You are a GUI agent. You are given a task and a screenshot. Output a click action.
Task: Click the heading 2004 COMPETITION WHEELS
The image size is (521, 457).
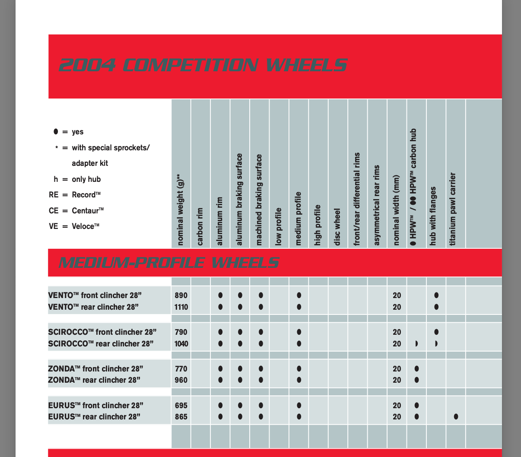coord(203,66)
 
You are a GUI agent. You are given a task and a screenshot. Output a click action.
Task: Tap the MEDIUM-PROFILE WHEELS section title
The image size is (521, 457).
coord(169,263)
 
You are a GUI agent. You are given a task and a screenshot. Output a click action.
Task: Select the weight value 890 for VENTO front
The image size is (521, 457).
coord(181,295)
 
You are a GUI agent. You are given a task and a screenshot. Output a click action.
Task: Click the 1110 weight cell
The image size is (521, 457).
coord(181,307)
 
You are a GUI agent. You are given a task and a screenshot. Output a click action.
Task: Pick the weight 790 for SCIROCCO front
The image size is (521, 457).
coord(181,332)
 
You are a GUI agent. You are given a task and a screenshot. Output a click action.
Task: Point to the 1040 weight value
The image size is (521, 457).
coord(181,344)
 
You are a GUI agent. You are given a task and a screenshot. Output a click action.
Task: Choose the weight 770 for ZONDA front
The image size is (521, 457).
coord(181,369)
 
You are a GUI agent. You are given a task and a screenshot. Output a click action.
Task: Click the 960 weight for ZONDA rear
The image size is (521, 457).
coord(181,380)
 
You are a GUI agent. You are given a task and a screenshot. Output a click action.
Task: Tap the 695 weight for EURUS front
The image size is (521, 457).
coord(181,406)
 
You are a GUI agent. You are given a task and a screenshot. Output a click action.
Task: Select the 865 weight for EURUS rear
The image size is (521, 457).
coord(181,417)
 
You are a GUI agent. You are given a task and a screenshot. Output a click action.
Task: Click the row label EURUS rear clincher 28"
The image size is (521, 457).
coord(94,417)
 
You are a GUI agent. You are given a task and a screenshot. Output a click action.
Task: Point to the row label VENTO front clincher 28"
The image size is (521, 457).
coord(95,295)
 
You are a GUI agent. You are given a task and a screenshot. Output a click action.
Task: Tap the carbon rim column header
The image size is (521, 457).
coord(200,227)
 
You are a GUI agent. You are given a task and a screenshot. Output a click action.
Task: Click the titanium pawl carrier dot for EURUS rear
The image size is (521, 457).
coord(456,417)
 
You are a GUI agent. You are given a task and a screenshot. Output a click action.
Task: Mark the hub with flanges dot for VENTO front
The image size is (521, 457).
coord(436,295)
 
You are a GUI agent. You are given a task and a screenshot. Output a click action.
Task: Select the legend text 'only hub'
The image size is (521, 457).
coord(86,179)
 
